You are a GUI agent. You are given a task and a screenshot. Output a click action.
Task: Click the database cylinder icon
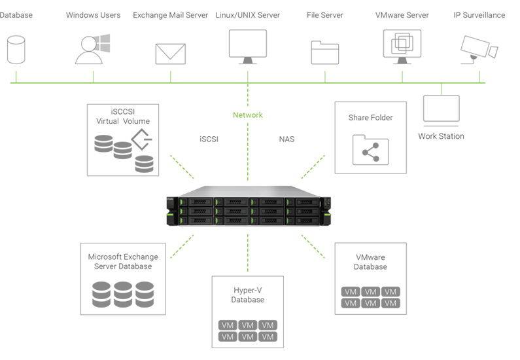coord(14,49)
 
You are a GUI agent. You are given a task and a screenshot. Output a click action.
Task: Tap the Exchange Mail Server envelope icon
coord(171,53)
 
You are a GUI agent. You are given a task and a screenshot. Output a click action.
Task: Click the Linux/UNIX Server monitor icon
coord(248,46)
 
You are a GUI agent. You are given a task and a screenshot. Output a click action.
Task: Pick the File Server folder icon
coord(325,52)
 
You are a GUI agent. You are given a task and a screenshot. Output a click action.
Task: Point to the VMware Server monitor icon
coord(402,46)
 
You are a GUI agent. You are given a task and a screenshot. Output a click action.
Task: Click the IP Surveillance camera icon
coord(479,49)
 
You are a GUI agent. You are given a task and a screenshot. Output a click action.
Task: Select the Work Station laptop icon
coord(442,111)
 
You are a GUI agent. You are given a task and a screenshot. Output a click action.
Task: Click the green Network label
coord(248,115)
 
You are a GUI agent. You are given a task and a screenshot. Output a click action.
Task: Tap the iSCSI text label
coord(209,139)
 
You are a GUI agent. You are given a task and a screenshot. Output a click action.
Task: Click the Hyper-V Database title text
coord(248,294)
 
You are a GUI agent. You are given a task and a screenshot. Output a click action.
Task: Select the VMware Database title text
coord(371,262)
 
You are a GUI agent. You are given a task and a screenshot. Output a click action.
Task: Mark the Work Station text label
coord(442,136)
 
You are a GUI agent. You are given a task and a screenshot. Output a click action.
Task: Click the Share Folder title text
coord(370,118)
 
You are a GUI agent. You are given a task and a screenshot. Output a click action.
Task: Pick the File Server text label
coord(325,15)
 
